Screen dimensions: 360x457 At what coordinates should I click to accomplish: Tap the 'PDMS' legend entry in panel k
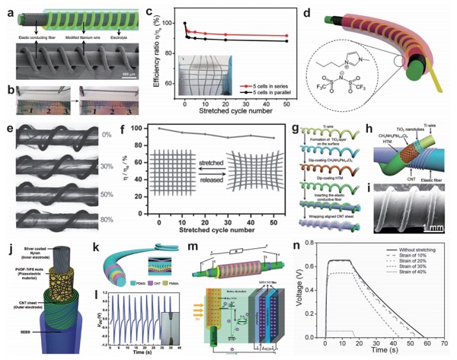tap(114, 289)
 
